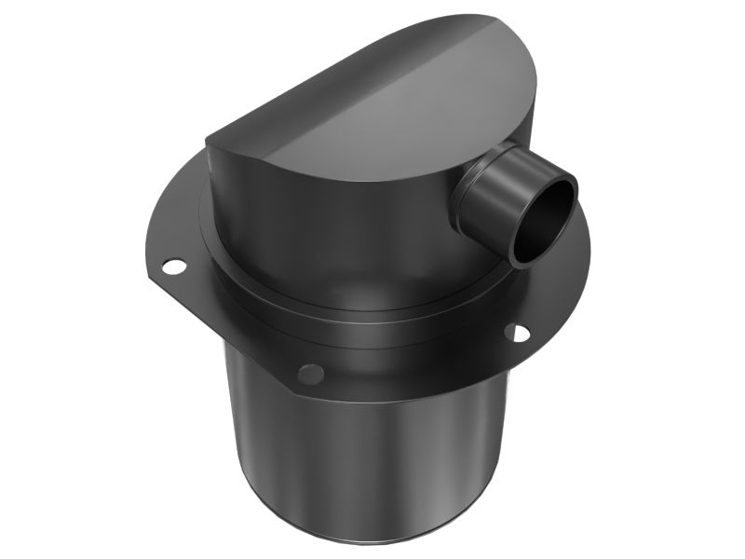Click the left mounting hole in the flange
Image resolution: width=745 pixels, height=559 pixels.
(x=173, y=266)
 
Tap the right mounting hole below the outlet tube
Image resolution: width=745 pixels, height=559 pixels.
(x=517, y=332)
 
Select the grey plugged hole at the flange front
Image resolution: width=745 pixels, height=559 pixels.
(x=311, y=375)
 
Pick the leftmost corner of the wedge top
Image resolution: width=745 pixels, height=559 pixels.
(x=207, y=142)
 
